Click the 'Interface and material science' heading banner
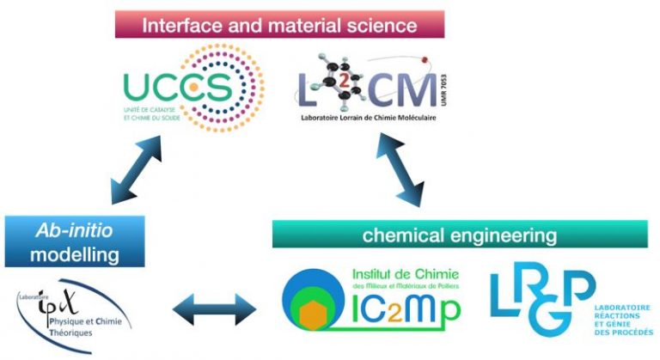(280, 24)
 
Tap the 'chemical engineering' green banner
(459, 234)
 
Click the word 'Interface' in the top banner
(175, 24)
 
